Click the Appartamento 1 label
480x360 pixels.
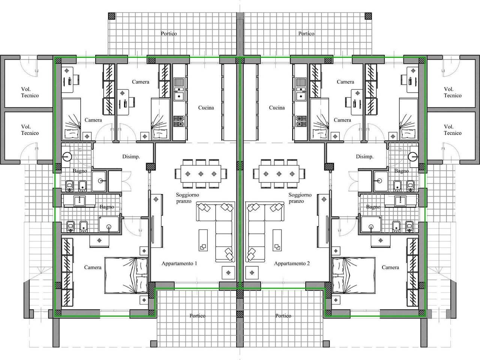(x=179, y=264)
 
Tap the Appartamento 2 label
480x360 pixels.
(x=292, y=264)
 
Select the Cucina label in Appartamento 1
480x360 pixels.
(x=206, y=108)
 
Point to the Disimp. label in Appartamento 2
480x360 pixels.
(x=364, y=157)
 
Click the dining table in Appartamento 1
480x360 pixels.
(x=201, y=174)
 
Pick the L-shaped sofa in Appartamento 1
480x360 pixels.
(x=216, y=232)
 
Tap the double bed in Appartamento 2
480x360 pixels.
(x=354, y=275)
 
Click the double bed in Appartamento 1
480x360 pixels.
(x=126, y=275)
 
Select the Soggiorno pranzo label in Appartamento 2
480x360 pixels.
(x=300, y=198)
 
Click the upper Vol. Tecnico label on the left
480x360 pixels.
(x=30, y=93)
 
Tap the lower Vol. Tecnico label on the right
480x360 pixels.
(x=453, y=130)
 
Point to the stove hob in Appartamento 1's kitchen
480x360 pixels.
(x=179, y=121)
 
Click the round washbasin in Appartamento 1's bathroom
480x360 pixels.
(x=67, y=156)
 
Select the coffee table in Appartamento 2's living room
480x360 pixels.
(x=277, y=240)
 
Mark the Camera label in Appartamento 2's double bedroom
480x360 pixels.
(x=390, y=267)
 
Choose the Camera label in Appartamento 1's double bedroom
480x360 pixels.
(x=93, y=267)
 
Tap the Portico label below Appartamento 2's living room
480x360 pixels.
(x=283, y=316)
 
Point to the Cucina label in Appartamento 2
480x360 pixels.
(x=277, y=108)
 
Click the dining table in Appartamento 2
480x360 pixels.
(x=279, y=174)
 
